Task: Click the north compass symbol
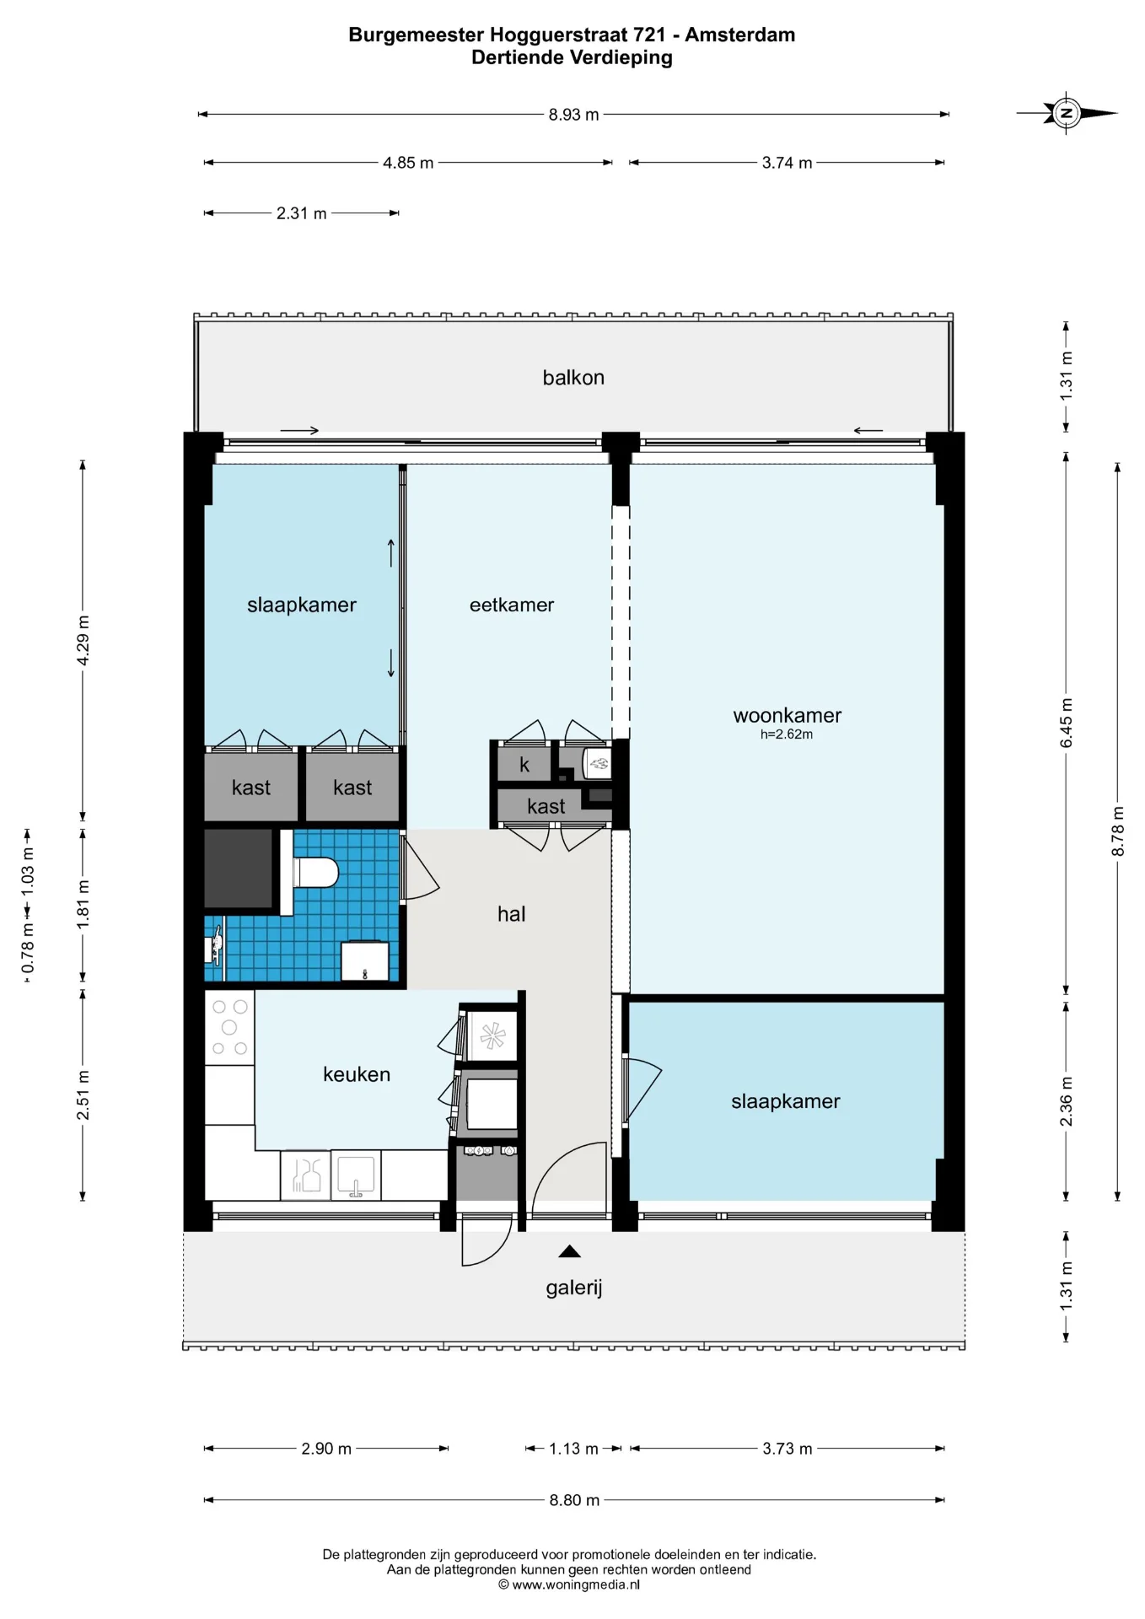[x=1067, y=113]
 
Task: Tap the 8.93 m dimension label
[x=573, y=115]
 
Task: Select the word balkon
[x=573, y=377]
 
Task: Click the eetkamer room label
[x=512, y=605]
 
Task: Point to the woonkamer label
[x=788, y=715]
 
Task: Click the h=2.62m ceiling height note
[x=787, y=734]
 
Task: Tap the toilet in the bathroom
[x=315, y=873]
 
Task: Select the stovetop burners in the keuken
[x=229, y=1027]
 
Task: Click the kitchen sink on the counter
[x=356, y=1175]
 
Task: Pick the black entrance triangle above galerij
[x=570, y=1251]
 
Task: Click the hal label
[x=511, y=914]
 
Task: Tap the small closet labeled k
[x=524, y=764]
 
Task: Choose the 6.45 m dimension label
[x=1067, y=723]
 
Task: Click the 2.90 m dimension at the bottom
[x=326, y=1449]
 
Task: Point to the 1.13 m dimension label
[x=573, y=1449]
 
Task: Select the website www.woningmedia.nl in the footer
[x=576, y=1584]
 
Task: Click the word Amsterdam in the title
[x=739, y=35]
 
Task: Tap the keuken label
[x=357, y=1074]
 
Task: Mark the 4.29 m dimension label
[x=83, y=641]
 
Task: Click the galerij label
[x=574, y=1288]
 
